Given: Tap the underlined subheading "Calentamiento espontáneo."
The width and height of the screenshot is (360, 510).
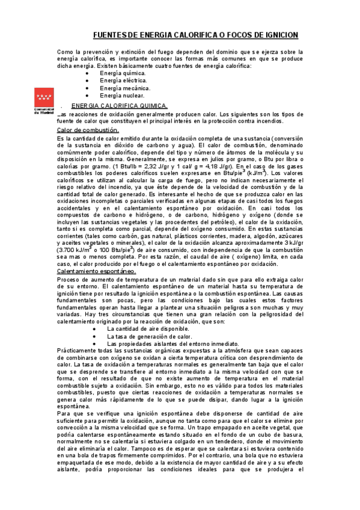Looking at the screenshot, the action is click(x=96, y=271).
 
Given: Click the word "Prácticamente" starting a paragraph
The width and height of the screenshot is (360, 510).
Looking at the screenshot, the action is click(x=76, y=351).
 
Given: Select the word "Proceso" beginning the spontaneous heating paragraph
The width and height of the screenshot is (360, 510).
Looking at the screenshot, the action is click(x=67, y=280).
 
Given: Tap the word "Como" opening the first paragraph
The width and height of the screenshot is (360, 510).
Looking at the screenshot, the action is click(x=64, y=52).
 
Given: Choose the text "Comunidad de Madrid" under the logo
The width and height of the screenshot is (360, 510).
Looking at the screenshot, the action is click(x=43, y=111).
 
